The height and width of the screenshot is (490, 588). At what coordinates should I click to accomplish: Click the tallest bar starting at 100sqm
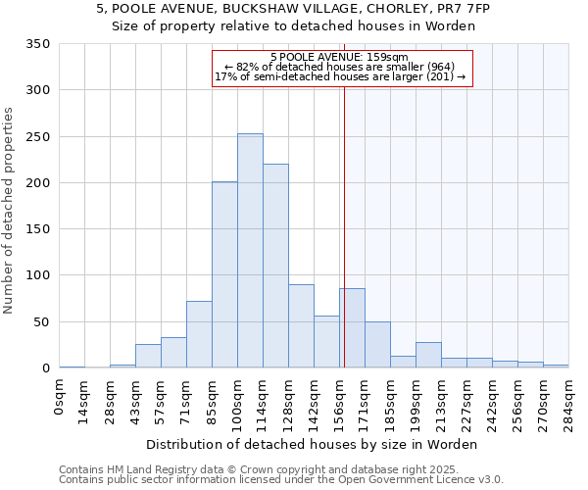click(x=250, y=251)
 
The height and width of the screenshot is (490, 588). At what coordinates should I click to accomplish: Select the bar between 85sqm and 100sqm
click(x=224, y=274)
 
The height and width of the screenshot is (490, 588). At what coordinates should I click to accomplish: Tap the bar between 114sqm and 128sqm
click(x=275, y=266)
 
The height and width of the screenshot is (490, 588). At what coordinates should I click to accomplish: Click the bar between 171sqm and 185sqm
click(x=377, y=345)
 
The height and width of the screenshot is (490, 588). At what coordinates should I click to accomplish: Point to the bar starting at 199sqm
click(x=428, y=355)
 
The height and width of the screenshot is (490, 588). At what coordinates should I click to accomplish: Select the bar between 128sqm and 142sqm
click(x=301, y=326)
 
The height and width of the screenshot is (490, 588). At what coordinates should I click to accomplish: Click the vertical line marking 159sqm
click(x=344, y=225)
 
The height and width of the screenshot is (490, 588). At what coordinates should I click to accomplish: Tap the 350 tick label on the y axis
click(x=37, y=44)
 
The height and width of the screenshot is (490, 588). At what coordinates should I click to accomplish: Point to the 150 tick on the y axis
click(x=37, y=229)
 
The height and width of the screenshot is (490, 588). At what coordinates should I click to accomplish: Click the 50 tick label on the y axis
click(x=41, y=322)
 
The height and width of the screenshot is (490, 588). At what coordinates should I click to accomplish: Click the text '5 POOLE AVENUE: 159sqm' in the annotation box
click(x=339, y=57)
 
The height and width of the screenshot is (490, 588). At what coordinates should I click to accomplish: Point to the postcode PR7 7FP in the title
click(x=465, y=9)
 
